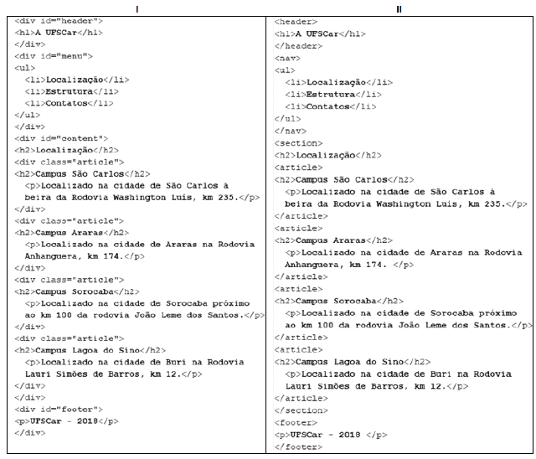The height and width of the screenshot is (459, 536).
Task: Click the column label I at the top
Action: [x=137, y=8]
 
